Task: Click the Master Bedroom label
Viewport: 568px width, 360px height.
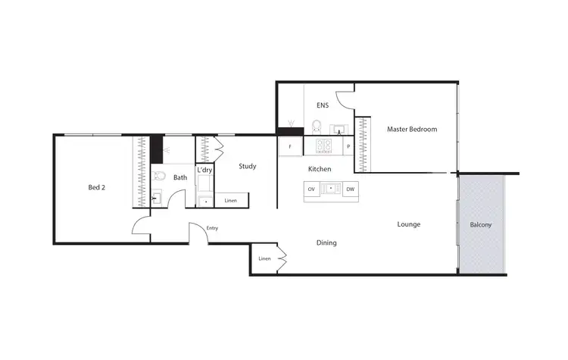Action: [412, 130]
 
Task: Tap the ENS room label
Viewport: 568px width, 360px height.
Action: [323, 107]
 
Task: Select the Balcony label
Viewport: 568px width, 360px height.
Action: [481, 225]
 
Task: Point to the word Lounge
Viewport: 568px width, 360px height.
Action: [409, 224]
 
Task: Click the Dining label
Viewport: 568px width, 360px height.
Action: [326, 243]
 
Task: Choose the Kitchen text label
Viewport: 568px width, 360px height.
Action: [320, 169]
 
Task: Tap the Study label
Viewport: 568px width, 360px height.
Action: [247, 166]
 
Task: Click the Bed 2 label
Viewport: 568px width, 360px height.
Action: [96, 187]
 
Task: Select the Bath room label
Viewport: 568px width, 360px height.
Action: [180, 178]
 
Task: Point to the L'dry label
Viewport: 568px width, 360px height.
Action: [204, 171]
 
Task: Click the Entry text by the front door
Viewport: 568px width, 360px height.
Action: [212, 227]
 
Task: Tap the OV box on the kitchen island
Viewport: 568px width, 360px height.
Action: [311, 189]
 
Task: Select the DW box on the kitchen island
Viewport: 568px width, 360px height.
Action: [350, 189]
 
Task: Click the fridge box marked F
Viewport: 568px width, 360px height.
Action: [290, 146]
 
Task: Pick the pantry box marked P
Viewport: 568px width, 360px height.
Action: [348, 146]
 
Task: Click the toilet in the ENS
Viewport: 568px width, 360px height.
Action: [317, 127]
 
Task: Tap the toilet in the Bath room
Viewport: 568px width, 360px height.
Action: [158, 177]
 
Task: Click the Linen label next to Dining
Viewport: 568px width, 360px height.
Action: [264, 259]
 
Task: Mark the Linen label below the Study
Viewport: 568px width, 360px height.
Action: [231, 201]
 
